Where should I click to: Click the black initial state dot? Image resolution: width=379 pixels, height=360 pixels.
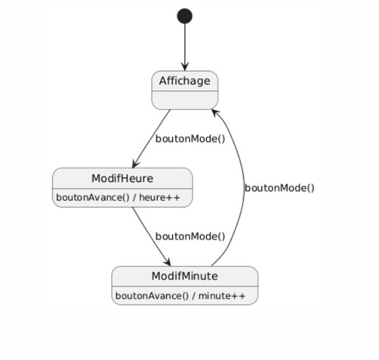185,16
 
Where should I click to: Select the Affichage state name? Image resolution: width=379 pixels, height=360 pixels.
185,81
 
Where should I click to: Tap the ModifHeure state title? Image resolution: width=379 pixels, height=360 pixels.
122,178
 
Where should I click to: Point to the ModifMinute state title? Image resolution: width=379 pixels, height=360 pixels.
185,276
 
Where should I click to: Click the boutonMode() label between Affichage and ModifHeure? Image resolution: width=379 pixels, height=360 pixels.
190,139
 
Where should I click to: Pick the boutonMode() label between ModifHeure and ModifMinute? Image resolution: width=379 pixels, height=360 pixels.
190,236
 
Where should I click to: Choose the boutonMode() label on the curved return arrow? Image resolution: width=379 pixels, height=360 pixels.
280,188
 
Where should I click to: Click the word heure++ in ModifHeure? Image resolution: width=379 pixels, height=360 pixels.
160,197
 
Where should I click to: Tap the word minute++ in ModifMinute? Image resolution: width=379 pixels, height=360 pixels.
222,296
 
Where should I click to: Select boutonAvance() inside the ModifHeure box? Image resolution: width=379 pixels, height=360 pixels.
92,197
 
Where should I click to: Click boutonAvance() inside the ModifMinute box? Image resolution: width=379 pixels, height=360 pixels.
152,296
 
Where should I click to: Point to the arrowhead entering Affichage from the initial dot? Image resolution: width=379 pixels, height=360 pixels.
185,67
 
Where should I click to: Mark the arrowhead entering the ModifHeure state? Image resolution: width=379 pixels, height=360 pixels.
135,164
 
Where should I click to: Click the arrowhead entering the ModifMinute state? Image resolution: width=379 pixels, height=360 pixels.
168,261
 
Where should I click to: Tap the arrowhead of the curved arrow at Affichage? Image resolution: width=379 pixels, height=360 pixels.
215,113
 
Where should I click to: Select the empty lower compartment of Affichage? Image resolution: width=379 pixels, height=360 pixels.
185,100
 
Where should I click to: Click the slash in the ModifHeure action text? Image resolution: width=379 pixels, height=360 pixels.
134,197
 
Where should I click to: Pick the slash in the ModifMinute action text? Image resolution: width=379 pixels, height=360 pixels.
193,296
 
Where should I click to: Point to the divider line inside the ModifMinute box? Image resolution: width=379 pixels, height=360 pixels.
185,286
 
